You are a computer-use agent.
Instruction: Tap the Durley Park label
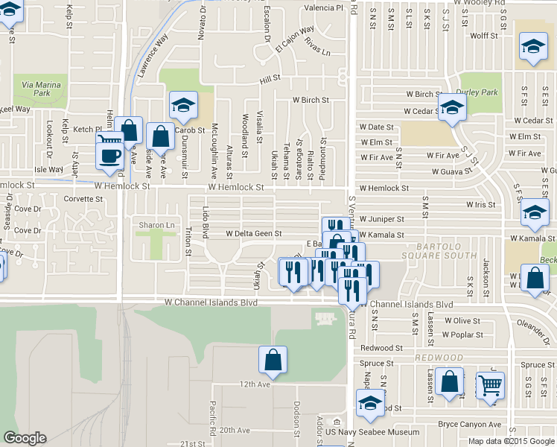(x=479, y=92)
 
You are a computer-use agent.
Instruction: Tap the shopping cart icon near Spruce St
(x=490, y=385)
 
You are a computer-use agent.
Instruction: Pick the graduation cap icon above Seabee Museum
(x=369, y=402)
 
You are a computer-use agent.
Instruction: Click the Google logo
(x=25, y=438)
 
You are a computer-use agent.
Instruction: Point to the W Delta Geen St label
(x=253, y=233)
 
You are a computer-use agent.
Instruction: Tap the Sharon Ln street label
(x=156, y=224)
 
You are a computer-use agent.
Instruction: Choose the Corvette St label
(x=83, y=199)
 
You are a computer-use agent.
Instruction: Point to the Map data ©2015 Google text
(x=511, y=441)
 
